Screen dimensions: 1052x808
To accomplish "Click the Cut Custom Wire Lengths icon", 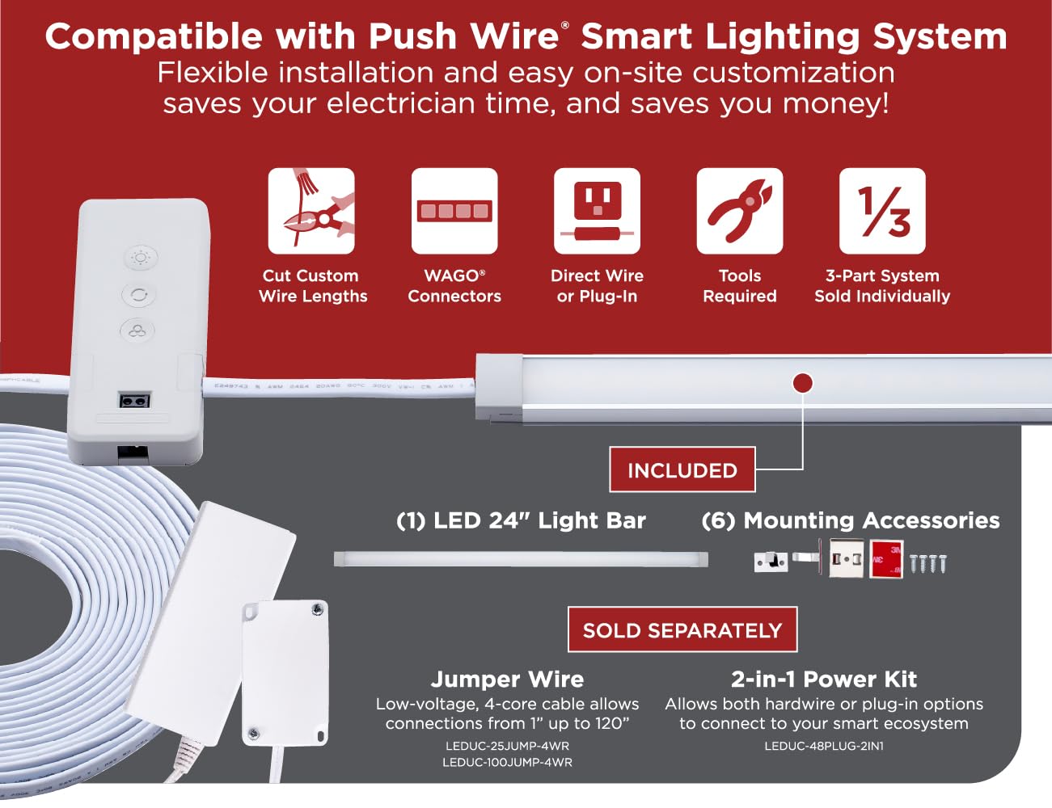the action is coord(311,211).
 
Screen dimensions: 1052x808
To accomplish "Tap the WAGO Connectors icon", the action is coord(454,211).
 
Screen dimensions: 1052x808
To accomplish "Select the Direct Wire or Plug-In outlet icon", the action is coord(597,211).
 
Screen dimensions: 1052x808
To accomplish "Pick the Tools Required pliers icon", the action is coord(740,211).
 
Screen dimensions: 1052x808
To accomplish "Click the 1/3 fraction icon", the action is coord(882,211).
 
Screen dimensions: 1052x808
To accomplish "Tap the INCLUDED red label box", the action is coord(682,469).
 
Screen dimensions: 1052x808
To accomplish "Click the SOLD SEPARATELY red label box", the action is coord(682,629).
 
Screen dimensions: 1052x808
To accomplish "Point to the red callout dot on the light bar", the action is coord(803,384).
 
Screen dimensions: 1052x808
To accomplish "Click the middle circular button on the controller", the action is coord(139,294).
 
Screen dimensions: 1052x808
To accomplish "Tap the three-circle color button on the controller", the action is coord(137,331).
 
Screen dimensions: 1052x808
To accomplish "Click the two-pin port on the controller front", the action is coord(134,401).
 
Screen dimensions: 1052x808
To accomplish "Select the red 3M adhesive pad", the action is coord(886,559).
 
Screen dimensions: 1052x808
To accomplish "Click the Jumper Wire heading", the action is coord(507,679).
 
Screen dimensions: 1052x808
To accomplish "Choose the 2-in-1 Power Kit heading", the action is coord(824,679).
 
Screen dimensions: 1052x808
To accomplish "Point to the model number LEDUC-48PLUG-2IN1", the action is coord(824,746).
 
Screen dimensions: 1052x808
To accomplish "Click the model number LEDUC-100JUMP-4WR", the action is coord(507,763).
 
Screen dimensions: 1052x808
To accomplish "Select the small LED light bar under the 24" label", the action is coord(521,559).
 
